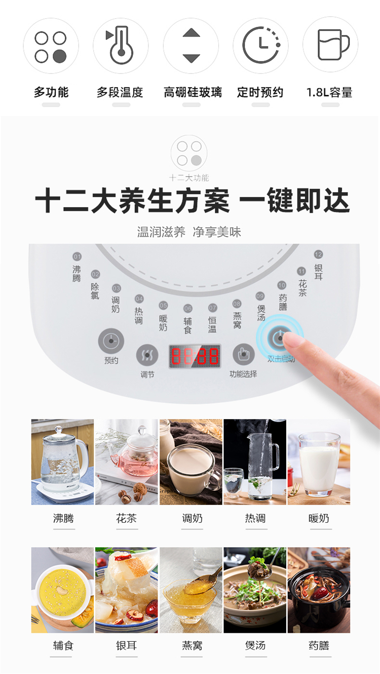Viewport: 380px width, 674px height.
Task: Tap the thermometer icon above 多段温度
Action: click(x=121, y=45)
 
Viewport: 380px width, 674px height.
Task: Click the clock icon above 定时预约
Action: click(x=261, y=45)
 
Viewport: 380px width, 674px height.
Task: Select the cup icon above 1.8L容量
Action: click(x=333, y=45)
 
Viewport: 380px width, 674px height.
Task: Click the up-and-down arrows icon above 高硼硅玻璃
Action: click(x=191, y=46)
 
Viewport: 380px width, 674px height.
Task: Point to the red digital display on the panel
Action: click(x=195, y=356)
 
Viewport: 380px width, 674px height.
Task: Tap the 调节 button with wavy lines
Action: click(x=147, y=355)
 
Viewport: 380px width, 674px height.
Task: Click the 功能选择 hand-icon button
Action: click(x=244, y=354)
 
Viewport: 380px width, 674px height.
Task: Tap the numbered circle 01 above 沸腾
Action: click(x=77, y=256)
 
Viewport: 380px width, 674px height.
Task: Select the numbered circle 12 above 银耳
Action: click(x=318, y=254)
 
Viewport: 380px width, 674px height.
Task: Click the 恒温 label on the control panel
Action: click(x=212, y=325)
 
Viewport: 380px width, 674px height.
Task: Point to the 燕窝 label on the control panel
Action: click(x=237, y=320)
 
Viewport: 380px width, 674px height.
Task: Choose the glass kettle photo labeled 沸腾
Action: click(x=62, y=462)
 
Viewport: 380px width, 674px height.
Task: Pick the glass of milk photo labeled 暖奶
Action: click(x=319, y=462)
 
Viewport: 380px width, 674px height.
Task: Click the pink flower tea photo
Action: click(x=127, y=462)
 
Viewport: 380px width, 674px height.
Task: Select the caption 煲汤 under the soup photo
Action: click(x=255, y=646)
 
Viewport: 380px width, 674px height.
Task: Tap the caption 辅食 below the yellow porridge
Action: click(x=63, y=646)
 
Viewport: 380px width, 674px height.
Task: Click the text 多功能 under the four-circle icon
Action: click(x=51, y=92)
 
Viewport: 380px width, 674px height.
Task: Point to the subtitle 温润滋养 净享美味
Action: click(x=189, y=232)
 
